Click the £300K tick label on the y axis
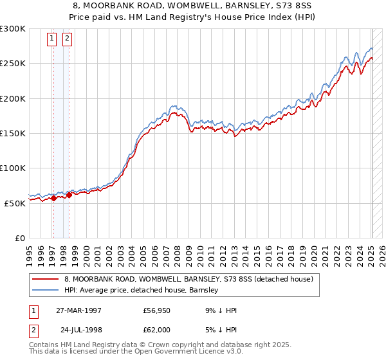click(13, 29)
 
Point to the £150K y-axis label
click(13, 133)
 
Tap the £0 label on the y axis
click(20, 238)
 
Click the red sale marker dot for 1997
click(54, 198)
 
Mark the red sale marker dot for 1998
click(69, 195)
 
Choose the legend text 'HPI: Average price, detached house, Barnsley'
click(140, 291)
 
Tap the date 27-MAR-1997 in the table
click(78, 310)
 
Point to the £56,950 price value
click(156, 310)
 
